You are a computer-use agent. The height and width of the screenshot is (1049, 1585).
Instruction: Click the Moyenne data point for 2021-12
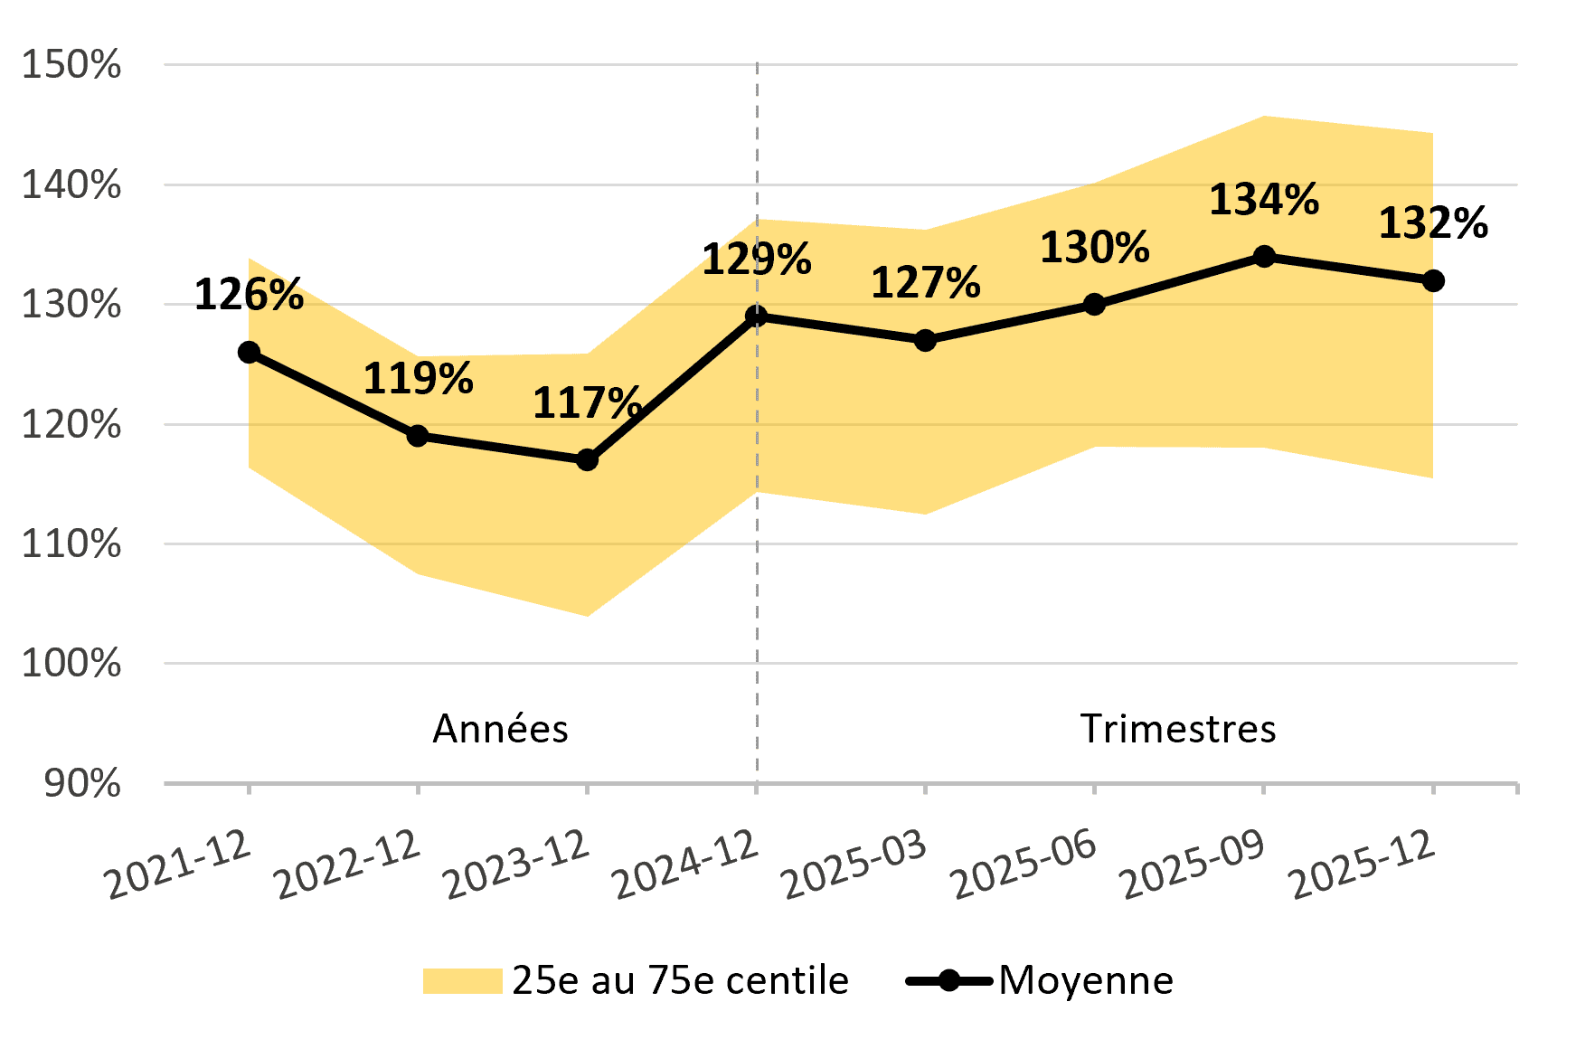249,353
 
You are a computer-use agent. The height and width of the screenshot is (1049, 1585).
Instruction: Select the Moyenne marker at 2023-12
587,460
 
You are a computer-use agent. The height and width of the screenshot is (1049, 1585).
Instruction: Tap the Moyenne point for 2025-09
1264,257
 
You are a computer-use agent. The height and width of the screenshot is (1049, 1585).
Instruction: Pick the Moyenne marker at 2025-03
925,341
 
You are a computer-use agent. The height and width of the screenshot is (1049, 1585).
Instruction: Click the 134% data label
1264,200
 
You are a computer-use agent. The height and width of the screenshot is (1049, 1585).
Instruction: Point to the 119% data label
418,379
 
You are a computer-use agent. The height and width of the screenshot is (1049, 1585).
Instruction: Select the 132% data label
1433,223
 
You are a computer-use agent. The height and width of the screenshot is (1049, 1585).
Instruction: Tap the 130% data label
1094,248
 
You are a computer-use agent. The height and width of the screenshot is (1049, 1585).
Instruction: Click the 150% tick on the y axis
71,65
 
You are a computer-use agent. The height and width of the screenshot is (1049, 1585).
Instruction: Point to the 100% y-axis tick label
71,664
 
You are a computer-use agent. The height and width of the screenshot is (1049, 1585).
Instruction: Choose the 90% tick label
81,784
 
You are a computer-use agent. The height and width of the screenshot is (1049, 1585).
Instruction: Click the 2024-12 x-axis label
685,866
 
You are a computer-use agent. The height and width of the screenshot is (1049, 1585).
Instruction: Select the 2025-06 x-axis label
1024,866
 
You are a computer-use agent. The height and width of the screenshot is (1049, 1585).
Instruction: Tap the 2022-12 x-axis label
347,866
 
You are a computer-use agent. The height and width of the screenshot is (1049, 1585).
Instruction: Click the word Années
500,729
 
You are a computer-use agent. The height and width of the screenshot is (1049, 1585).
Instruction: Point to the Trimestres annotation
1178,729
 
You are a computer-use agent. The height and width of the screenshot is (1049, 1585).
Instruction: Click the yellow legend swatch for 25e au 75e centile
462,981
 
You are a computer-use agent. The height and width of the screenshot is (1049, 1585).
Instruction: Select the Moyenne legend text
1086,981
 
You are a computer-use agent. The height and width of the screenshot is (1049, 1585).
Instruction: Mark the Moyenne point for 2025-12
1433,281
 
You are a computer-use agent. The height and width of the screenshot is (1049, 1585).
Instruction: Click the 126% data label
249,296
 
